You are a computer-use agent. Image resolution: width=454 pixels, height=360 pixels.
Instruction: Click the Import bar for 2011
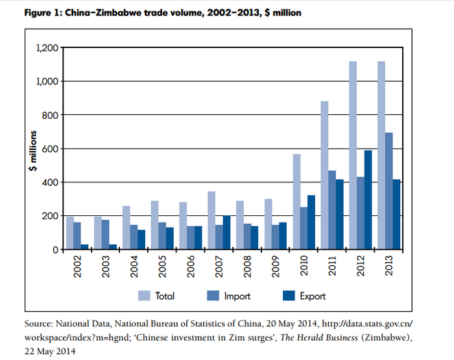tap(331, 210)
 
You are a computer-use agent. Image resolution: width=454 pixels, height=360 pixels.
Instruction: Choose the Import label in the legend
tap(237, 296)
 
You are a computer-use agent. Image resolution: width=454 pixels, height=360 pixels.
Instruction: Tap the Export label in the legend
tap(312, 296)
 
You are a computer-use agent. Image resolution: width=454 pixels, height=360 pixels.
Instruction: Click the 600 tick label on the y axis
tap(49, 149)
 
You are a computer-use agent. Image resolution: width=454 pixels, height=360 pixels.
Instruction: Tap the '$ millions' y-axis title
tap(32, 148)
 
